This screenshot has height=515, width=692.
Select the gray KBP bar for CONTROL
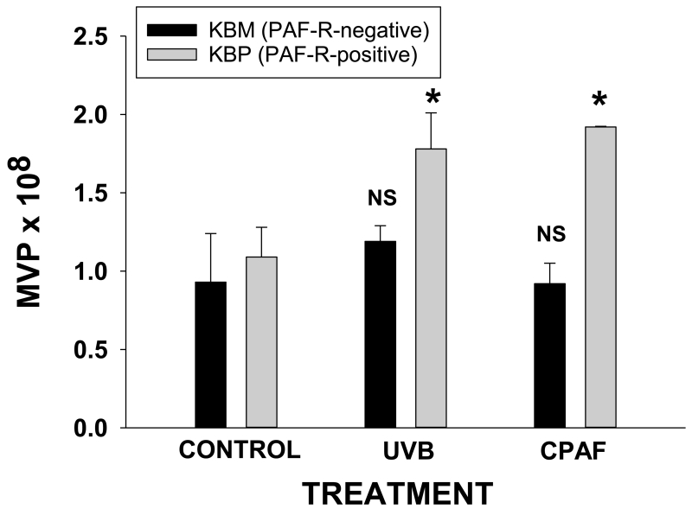262,342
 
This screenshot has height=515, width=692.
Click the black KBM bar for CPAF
549,355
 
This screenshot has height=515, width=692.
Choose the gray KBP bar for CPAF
600,277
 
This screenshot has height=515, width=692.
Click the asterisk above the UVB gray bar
432,96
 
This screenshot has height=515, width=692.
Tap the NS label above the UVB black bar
380,198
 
